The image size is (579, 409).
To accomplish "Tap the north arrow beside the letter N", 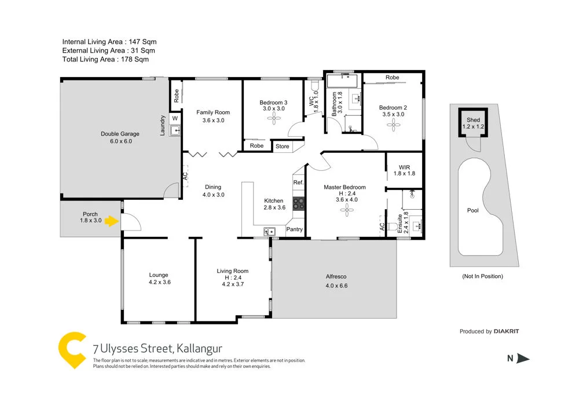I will pyautogui.click(x=523, y=359).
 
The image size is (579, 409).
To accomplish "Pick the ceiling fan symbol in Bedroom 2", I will pyautogui.click(x=393, y=123).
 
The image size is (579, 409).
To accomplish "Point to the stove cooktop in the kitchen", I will pyautogui.click(x=299, y=203).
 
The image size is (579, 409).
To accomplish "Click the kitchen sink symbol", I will pyautogui.click(x=269, y=232).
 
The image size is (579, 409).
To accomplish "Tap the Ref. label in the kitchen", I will pyautogui.click(x=298, y=182).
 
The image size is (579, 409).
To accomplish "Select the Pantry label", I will pyautogui.click(x=295, y=229).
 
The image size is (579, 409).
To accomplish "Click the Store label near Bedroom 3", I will pyautogui.click(x=282, y=147).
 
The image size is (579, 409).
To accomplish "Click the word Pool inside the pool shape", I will pyautogui.click(x=473, y=210).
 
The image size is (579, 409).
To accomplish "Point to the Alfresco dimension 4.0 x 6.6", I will pyautogui.click(x=336, y=286).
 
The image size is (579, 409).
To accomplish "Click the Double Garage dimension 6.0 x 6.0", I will pyautogui.click(x=120, y=141).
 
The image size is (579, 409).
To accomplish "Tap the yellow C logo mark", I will pyautogui.click(x=72, y=349).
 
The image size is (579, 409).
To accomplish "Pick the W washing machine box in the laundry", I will pyautogui.click(x=175, y=118).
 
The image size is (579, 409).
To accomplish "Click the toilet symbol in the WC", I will pyautogui.click(x=315, y=87).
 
